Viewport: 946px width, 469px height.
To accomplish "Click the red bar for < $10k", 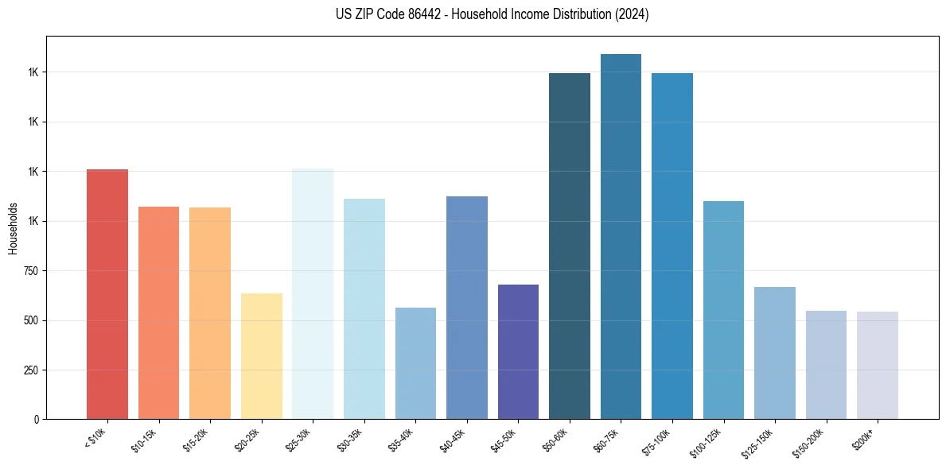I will tap(107, 294).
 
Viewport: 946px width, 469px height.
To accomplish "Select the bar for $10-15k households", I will tap(158, 312).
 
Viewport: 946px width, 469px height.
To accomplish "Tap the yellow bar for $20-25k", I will tap(261, 356).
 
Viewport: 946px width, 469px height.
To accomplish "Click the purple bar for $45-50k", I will tap(518, 351).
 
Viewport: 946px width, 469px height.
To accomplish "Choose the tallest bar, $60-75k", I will tap(621, 236).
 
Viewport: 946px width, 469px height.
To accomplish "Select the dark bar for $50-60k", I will tap(570, 246).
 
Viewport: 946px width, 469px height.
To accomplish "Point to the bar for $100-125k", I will tap(723, 310).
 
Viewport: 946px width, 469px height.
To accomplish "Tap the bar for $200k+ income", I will tap(878, 365).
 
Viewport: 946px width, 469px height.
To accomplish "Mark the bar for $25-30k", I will tap(313, 293).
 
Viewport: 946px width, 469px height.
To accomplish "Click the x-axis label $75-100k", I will tap(658, 440).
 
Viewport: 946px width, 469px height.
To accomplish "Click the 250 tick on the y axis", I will tap(34, 370).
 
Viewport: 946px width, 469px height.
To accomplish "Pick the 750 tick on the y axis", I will tap(34, 271).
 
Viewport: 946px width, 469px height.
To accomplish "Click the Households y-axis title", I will tap(13, 228).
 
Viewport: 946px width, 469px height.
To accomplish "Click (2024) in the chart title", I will tap(633, 14).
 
